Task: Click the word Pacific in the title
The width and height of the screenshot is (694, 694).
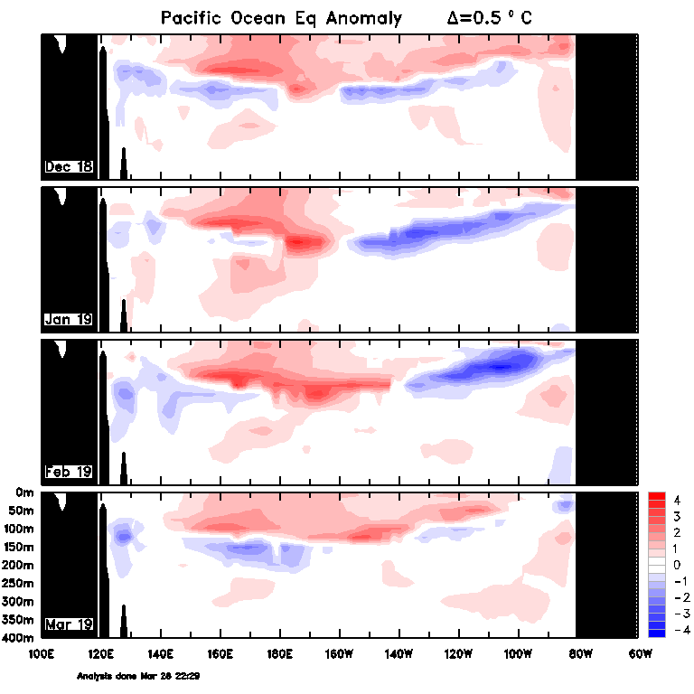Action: coord(191,18)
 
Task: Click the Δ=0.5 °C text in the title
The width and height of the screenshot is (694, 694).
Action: coord(489,18)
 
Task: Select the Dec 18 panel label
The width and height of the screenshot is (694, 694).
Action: coord(69,166)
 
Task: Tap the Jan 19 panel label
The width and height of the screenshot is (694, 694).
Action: coord(69,319)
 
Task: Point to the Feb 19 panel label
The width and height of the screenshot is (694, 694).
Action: coord(69,472)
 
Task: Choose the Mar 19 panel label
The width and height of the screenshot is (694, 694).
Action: coord(69,624)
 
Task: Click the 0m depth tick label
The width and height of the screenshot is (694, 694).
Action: coord(24,492)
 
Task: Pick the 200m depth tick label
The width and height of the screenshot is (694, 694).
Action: coord(18,565)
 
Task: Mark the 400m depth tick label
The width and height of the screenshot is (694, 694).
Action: coord(18,638)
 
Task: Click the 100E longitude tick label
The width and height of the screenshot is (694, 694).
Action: coord(42,653)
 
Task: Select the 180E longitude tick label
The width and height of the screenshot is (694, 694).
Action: coord(280,653)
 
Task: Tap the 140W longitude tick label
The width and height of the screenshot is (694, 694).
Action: coord(399,653)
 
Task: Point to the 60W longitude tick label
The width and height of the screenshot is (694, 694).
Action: coord(640,653)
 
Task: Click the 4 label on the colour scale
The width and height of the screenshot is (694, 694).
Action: coord(677,500)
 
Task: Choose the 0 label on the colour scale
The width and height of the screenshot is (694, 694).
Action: coord(677,565)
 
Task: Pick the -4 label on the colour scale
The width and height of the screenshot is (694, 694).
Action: coord(682,629)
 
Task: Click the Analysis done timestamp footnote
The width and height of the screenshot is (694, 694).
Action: coord(138,676)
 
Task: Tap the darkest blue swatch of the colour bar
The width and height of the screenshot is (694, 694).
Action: coord(657,633)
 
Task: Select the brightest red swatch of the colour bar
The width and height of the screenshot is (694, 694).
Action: coord(657,496)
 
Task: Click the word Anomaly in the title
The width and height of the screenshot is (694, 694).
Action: coord(364,19)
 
